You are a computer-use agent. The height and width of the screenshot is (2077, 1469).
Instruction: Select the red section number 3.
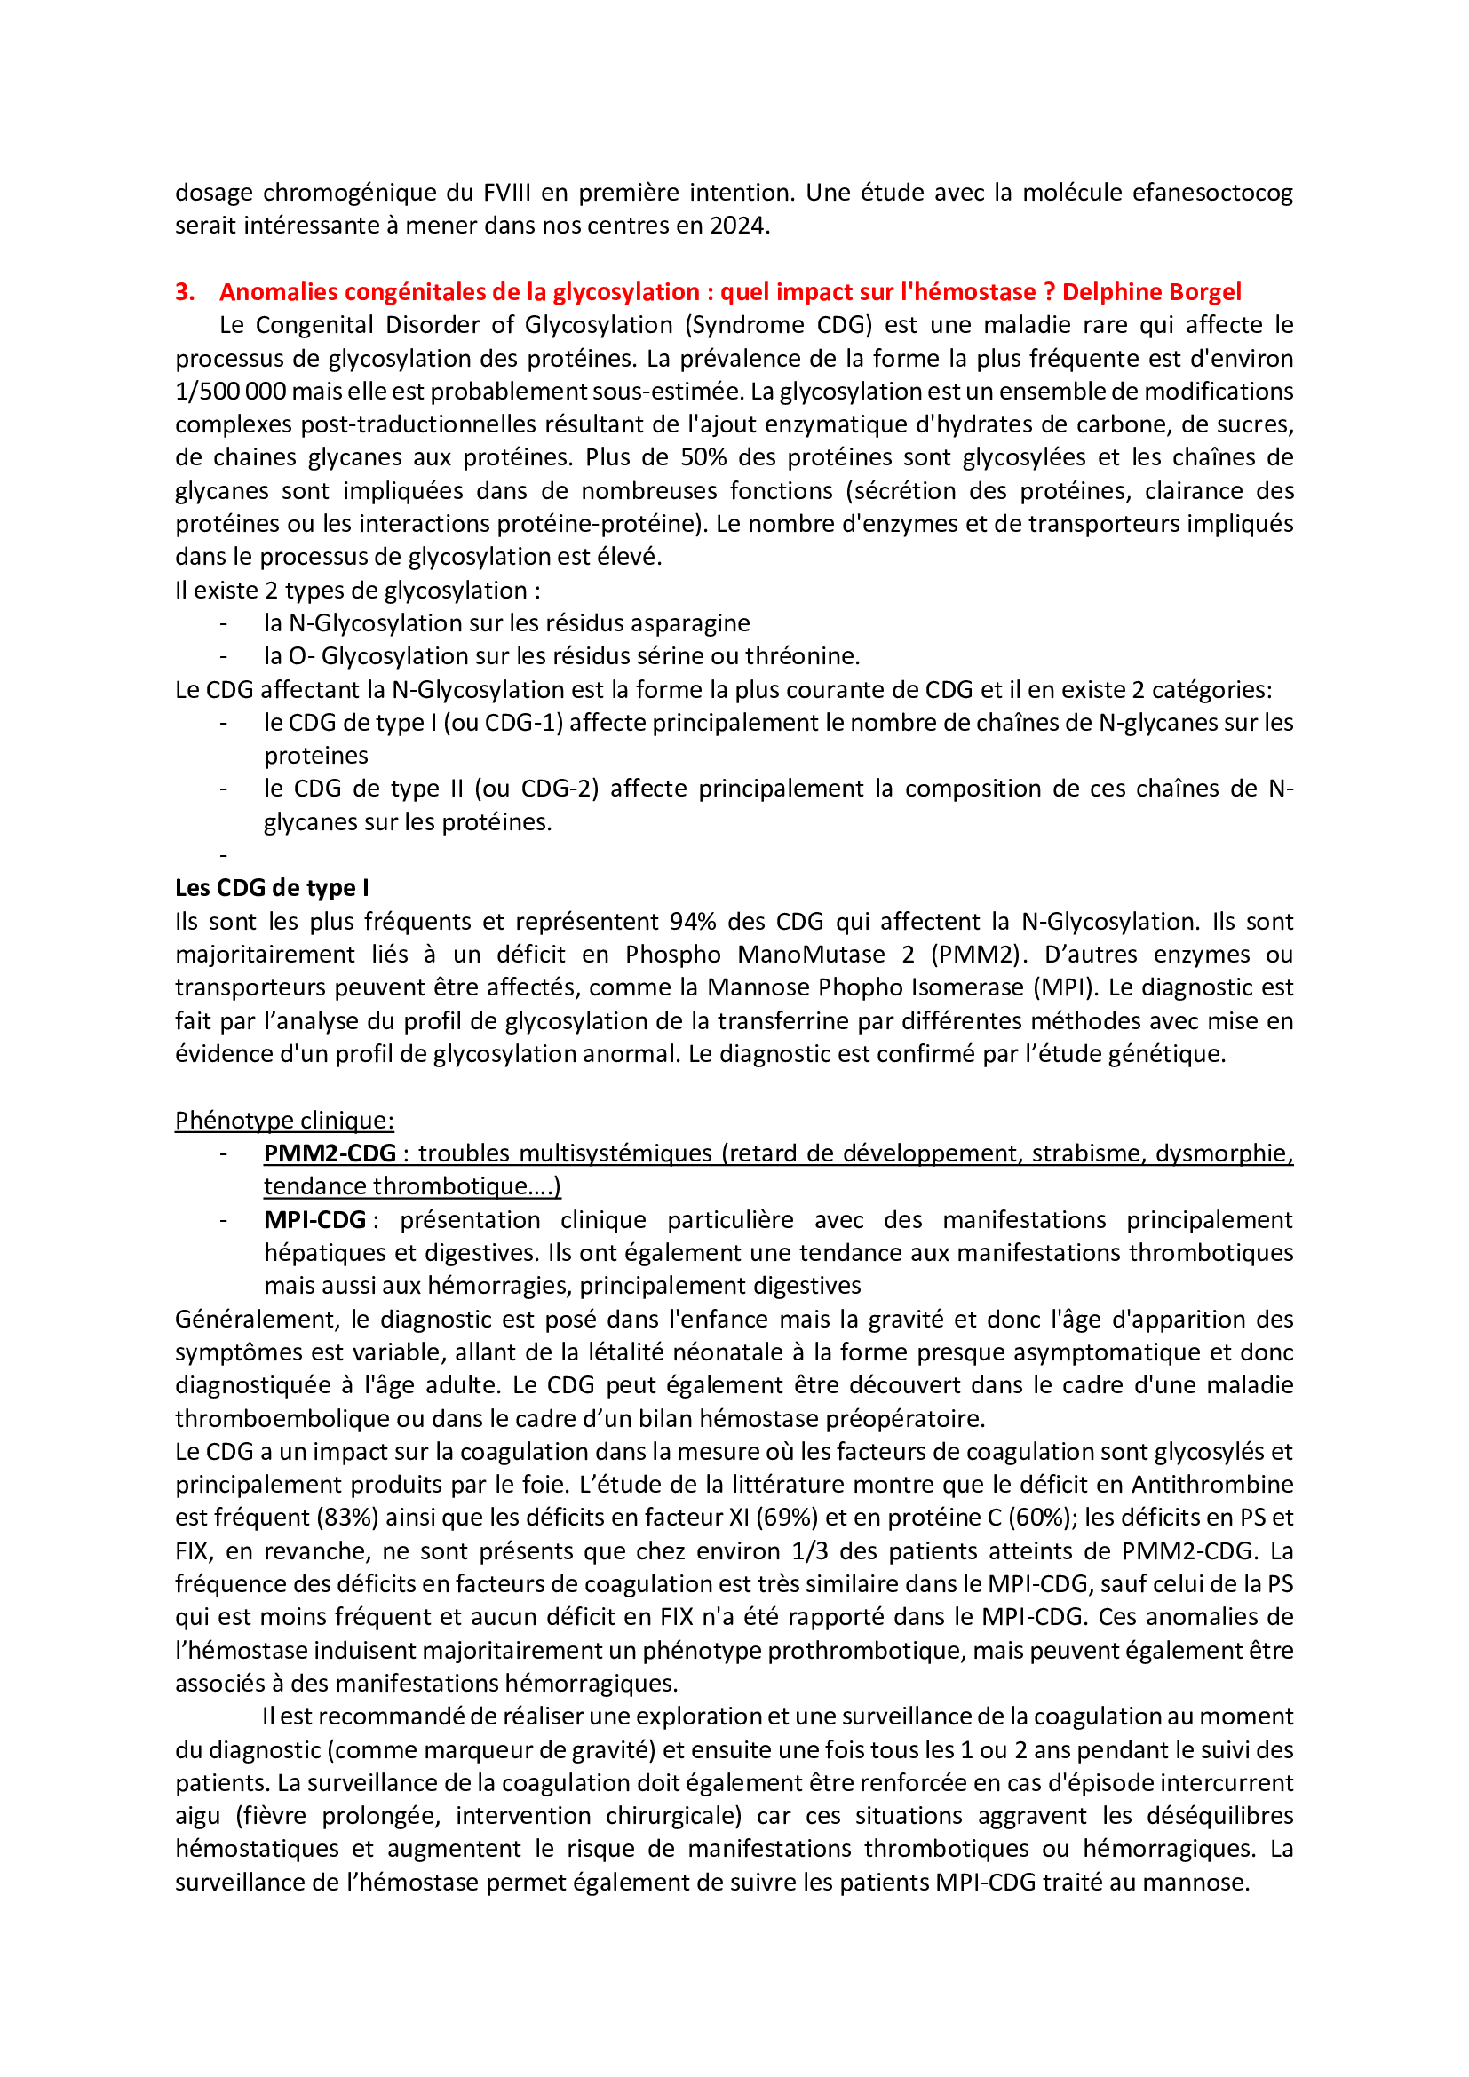pos(185,292)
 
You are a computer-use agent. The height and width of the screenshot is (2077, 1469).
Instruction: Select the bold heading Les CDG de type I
pos(272,888)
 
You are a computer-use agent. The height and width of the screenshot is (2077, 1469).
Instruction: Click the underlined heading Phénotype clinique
pos(284,1121)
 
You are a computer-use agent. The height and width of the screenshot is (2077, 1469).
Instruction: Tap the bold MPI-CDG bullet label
pos(314,1220)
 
